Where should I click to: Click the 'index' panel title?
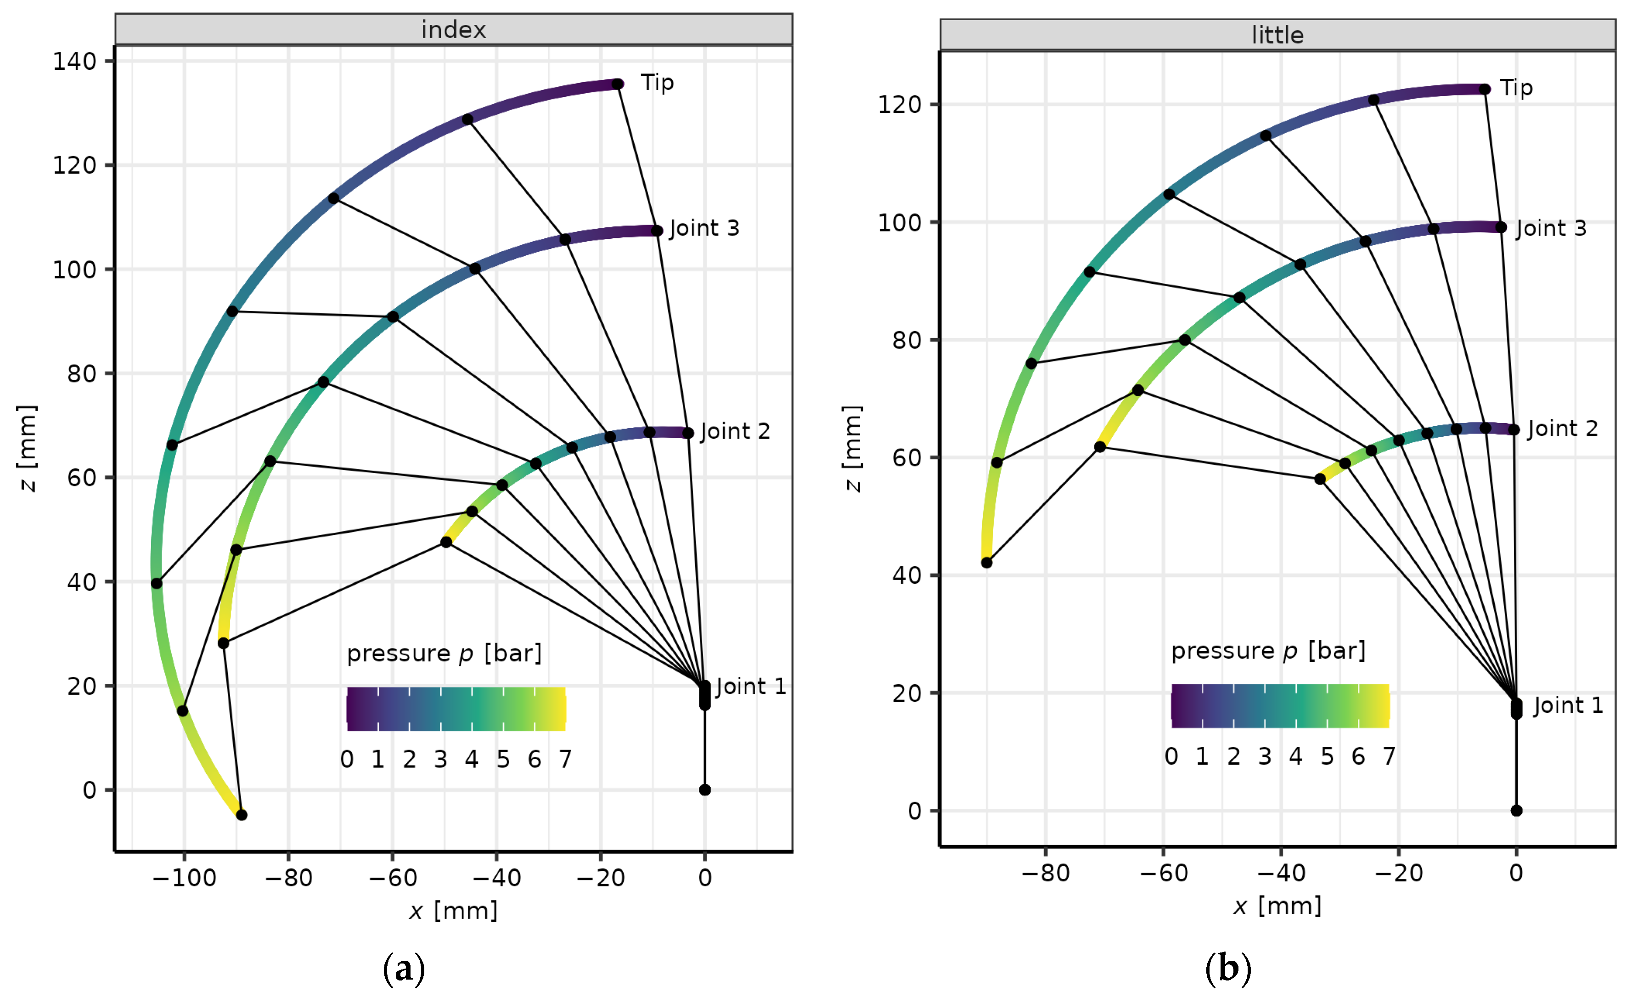[x=454, y=30]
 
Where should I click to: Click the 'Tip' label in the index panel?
[x=657, y=83]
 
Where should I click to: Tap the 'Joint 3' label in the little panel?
[x=1551, y=228]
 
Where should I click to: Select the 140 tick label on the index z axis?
[x=75, y=62]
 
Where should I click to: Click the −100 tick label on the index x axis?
[x=184, y=878]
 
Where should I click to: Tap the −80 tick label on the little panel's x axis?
[x=1046, y=873]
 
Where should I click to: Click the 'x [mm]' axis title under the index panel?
[x=454, y=911]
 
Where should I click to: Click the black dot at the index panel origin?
[x=705, y=790]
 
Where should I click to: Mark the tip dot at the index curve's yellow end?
[x=242, y=815]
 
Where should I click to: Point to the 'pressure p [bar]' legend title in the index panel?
[x=445, y=654]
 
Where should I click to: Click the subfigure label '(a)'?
[x=404, y=970]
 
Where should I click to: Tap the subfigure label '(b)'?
[x=1228, y=970]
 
